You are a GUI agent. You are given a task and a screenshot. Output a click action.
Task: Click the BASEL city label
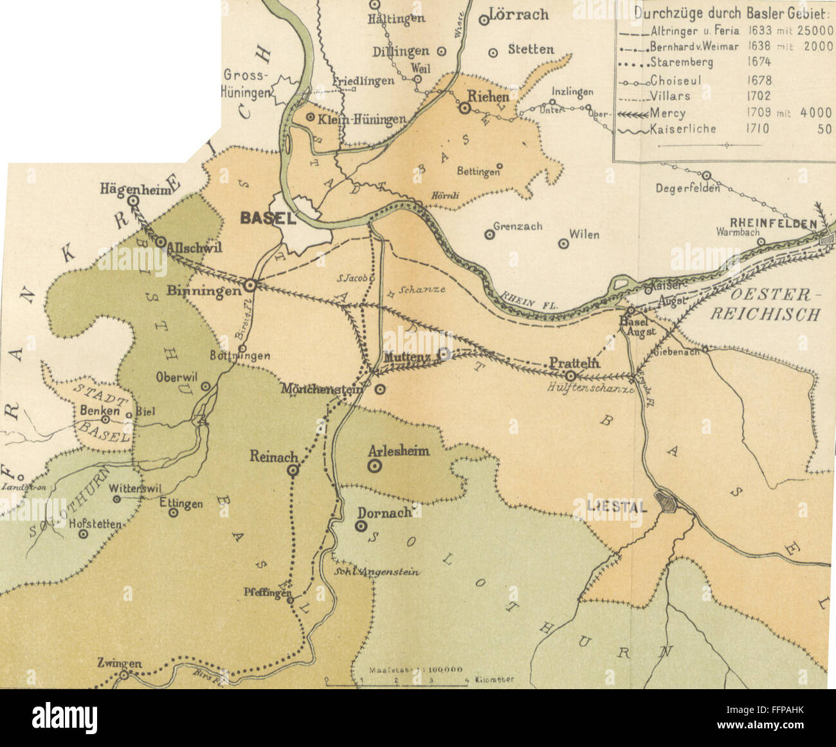click(268, 218)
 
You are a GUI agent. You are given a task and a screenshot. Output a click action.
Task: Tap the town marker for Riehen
click(464, 109)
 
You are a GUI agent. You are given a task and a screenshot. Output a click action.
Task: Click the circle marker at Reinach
click(293, 471)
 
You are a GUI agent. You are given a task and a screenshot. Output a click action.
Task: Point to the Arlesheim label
click(399, 451)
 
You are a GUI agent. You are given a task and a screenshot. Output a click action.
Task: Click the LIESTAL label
click(618, 506)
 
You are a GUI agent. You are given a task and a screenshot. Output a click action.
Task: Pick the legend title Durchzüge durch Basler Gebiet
click(733, 14)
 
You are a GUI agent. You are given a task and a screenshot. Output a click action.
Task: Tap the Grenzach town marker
click(489, 235)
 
